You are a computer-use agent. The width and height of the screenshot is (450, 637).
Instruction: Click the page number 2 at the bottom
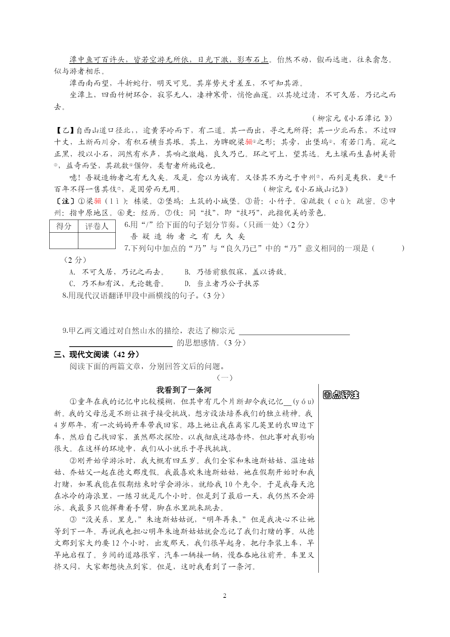tap(224, 596)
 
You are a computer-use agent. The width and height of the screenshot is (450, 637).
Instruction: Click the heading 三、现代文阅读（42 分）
tap(97, 355)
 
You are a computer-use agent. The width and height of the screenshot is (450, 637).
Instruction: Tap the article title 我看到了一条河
tap(183, 390)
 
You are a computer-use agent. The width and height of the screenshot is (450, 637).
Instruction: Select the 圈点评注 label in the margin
tap(340, 395)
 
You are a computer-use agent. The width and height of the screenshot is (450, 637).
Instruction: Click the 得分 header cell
tap(64, 226)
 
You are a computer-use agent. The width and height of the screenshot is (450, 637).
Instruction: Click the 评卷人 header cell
tap(97, 226)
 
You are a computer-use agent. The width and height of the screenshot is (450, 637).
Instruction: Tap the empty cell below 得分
tap(64, 241)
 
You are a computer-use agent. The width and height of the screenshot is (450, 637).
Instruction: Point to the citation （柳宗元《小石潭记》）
tap(352, 118)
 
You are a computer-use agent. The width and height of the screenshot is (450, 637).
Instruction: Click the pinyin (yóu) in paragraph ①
tap(303, 401)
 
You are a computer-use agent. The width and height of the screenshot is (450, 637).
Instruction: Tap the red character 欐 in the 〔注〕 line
tap(98, 201)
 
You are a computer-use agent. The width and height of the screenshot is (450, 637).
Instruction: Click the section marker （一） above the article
tap(224, 378)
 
